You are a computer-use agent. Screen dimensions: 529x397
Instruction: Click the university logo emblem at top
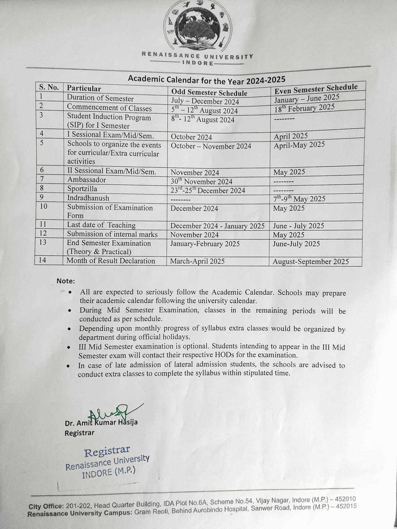pyautogui.click(x=197, y=26)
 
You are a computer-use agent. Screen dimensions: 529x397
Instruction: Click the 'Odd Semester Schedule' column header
pyautogui.click(x=209, y=92)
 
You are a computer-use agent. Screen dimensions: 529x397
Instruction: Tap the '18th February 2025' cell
pyautogui.click(x=304, y=108)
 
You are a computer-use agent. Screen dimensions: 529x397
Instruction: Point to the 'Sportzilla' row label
pyautogui.click(x=82, y=189)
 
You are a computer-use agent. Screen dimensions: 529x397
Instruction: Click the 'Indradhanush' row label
pyautogui.click(x=88, y=198)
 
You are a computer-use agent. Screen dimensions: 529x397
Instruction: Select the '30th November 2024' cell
pyautogui.click(x=201, y=181)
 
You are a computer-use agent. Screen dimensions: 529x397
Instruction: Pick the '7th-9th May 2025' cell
pyautogui.click(x=299, y=199)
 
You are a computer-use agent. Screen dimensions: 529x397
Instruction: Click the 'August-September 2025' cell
pyautogui.click(x=311, y=262)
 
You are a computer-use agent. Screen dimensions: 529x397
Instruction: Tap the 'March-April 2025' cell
pyautogui.click(x=197, y=261)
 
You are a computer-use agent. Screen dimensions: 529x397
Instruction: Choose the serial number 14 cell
pyautogui.click(x=43, y=260)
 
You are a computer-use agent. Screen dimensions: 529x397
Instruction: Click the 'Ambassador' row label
pyautogui.click(x=86, y=180)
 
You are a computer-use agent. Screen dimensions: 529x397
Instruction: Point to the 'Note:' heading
pyautogui.click(x=65, y=281)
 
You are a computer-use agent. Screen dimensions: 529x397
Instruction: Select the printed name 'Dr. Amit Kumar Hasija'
pyautogui.click(x=101, y=423)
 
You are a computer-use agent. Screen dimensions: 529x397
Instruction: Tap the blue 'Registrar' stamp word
pyautogui.click(x=107, y=451)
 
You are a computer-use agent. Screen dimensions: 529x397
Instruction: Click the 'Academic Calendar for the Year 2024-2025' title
pyautogui.click(x=206, y=80)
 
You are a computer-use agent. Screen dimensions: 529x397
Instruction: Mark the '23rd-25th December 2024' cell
pyautogui.click(x=208, y=190)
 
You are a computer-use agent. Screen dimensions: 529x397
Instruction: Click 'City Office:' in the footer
pyautogui.click(x=46, y=506)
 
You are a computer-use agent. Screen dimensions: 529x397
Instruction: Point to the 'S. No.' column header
pyautogui.click(x=49, y=87)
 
